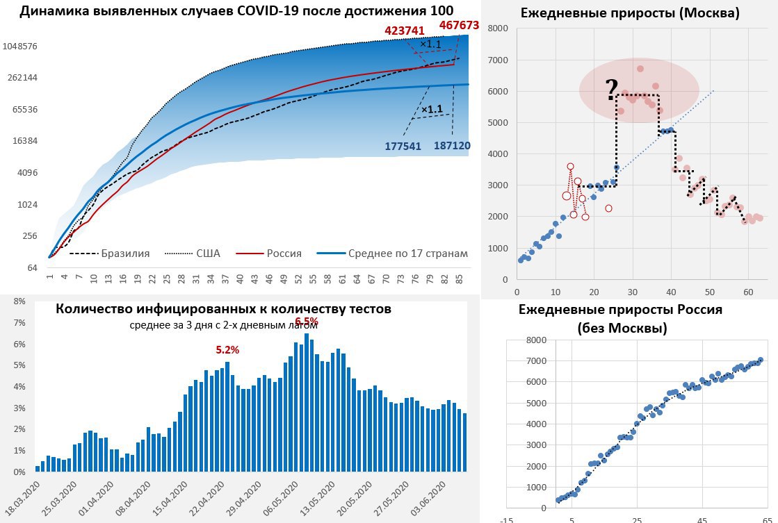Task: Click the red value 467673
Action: pyautogui.click(x=459, y=26)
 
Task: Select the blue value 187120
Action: pyautogui.click(x=452, y=146)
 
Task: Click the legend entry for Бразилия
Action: pyautogui.click(x=125, y=254)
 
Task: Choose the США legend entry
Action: pyautogui.click(x=207, y=254)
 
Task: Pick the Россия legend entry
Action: pyautogui.click(x=284, y=254)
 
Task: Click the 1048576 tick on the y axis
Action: pyautogui.click(x=19, y=46)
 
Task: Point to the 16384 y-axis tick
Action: pyautogui.click(x=24, y=141)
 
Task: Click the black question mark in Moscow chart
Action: pyautogui.click(x=611, y=90)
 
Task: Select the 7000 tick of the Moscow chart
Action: pyautogui.click(x=498, y=60)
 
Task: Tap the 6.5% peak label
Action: pyautogui.click(x=307, y=322)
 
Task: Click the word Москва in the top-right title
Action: pyautogui.click(x=710, y=13)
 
